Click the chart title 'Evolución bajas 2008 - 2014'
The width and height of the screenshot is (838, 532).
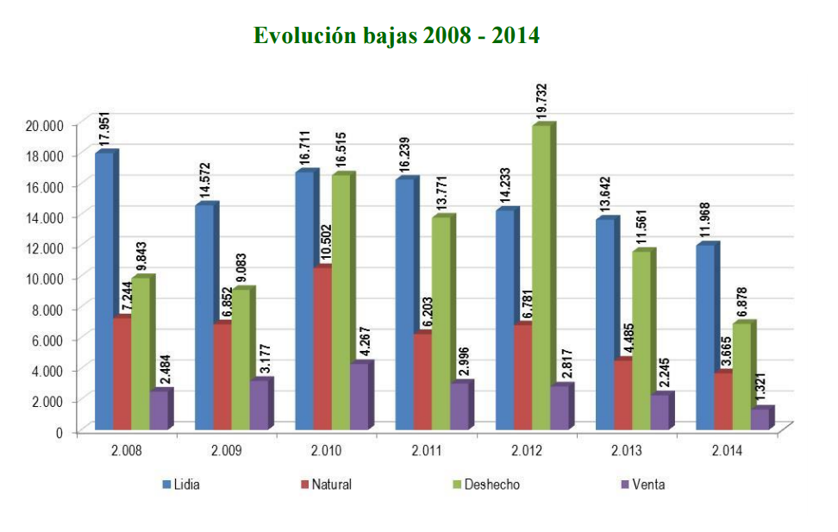pos(396,36)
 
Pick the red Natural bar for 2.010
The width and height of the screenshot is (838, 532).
pos(322,348)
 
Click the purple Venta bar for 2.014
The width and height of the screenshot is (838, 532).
pos(760,419)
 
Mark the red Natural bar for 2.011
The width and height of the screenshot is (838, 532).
pos(422,381)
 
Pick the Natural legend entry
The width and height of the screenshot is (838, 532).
pos(327,485)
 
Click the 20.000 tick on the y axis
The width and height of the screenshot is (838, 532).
pos(45,124)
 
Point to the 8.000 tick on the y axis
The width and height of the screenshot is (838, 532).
pos(47,308)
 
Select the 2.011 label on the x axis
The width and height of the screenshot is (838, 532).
pos(426,450)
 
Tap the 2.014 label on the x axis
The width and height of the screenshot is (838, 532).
pos(727,450)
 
